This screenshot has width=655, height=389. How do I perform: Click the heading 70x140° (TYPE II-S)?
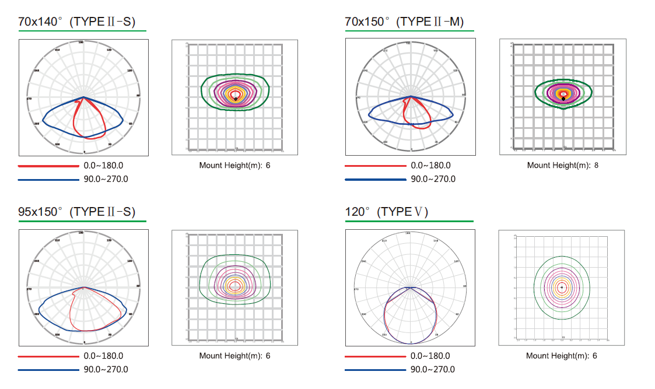pyautogui.click(x=77, y=22)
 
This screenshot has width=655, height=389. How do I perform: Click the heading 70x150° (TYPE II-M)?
pyautogui.click(x=404, y=22)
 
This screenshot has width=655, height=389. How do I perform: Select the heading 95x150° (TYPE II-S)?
pyautogui.click(x=77, y=212)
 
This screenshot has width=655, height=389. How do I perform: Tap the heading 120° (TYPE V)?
pyautogui.click(x=387, y=212)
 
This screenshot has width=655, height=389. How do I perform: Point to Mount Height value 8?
pyautogui.click(x=596, y=165)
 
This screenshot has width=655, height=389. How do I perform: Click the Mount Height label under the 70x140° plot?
pyautogui.click(x=230, y=165)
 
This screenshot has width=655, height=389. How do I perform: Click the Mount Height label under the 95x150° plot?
pyautogui.click(x=230, y=355)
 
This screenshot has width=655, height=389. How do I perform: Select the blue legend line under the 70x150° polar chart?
pyautogui.click(x=375, y=179)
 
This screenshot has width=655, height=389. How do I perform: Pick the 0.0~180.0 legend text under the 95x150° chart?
pyautogui.click(x=103, y=356)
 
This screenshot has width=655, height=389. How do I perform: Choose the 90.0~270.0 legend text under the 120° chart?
pyautogui.click(x=433, y=369)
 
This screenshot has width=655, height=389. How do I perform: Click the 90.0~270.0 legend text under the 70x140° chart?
pyautogui.click(x=106, y=179)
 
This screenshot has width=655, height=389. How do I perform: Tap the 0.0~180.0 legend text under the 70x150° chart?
pyautogui.click(x=430, y=166)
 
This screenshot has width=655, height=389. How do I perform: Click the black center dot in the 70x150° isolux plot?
pyautogui.click(x=563, y=99)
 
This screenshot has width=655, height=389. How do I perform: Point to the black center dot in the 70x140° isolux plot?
pyautogui.click(x=236, y=99)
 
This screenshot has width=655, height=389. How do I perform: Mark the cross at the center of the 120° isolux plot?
pyautogui.click(x=562, y=288)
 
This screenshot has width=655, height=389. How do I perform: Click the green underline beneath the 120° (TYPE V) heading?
pyautogui.click(x=409, y=222)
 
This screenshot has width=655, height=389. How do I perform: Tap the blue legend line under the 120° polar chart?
pyautogui.click(x=375, y=369)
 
